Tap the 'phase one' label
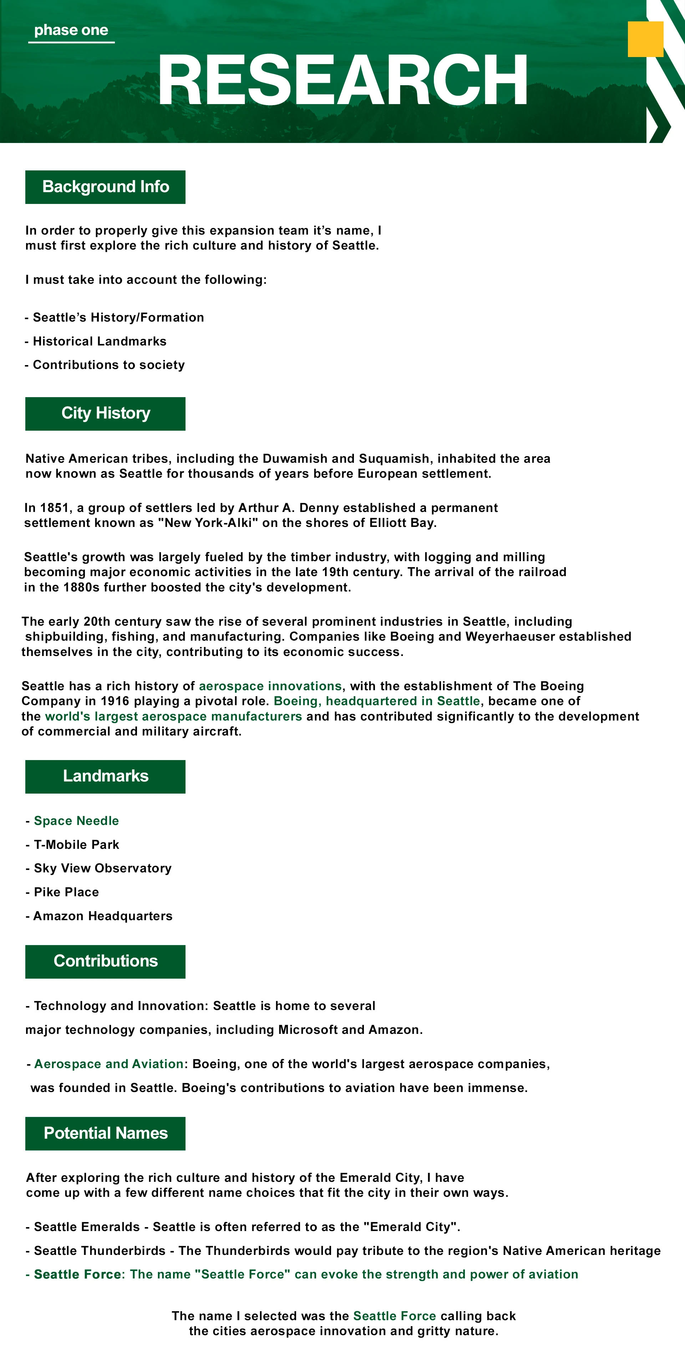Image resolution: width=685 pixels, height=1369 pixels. pos(71,30)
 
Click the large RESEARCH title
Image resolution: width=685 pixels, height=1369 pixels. pos(342,80)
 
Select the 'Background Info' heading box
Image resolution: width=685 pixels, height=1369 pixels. pos(105,187)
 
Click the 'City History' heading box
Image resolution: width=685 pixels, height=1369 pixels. pos(105,414)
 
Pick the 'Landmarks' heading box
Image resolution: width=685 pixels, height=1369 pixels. pos(105,776)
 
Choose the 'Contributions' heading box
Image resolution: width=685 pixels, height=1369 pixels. pos(105,962)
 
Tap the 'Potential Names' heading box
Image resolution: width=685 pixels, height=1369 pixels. pos(105,1134)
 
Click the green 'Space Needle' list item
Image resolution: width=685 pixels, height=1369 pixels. pos(76,821)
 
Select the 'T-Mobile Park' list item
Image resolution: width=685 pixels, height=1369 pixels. pos(76,845)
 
